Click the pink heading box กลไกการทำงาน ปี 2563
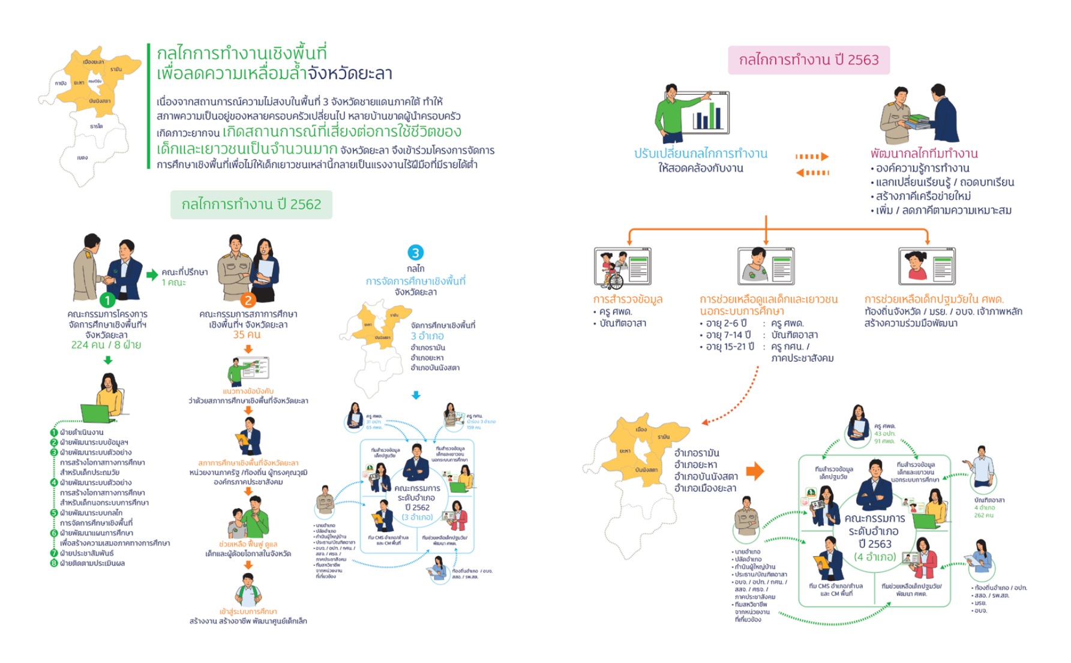click(x=808, y=60)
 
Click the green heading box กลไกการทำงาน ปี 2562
click(x=251, y=205)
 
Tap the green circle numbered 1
click(x=107, y=300)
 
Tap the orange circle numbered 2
click(x=248, y=300)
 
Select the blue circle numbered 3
click(x=415, y=253)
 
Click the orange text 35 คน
click(x=247, y=335)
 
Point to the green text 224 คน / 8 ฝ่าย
click(x=106, y=345)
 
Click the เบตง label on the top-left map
click(x=82, y=158)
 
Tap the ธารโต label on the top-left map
click(x=96, y=127)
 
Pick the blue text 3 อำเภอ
click(x=427, y=336)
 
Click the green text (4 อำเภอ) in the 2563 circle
click(x=875, y=557)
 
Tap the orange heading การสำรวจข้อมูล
click(x=628, y=299)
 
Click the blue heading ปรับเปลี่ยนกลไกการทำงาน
click(x=700, y=154)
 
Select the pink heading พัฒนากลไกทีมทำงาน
click(x=924, y=154)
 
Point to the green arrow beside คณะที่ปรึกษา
click(x=152, y=275)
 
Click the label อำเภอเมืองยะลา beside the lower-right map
click(x=705, y=488)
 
